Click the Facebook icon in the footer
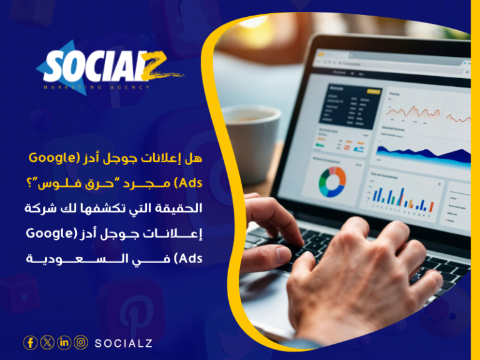(30, 342)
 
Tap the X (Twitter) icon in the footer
(47, 342)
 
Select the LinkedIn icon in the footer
(64, 342)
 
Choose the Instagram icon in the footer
(81, 342)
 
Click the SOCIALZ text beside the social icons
(124, 343)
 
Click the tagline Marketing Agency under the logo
(97, 87)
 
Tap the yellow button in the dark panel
(374, 92)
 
